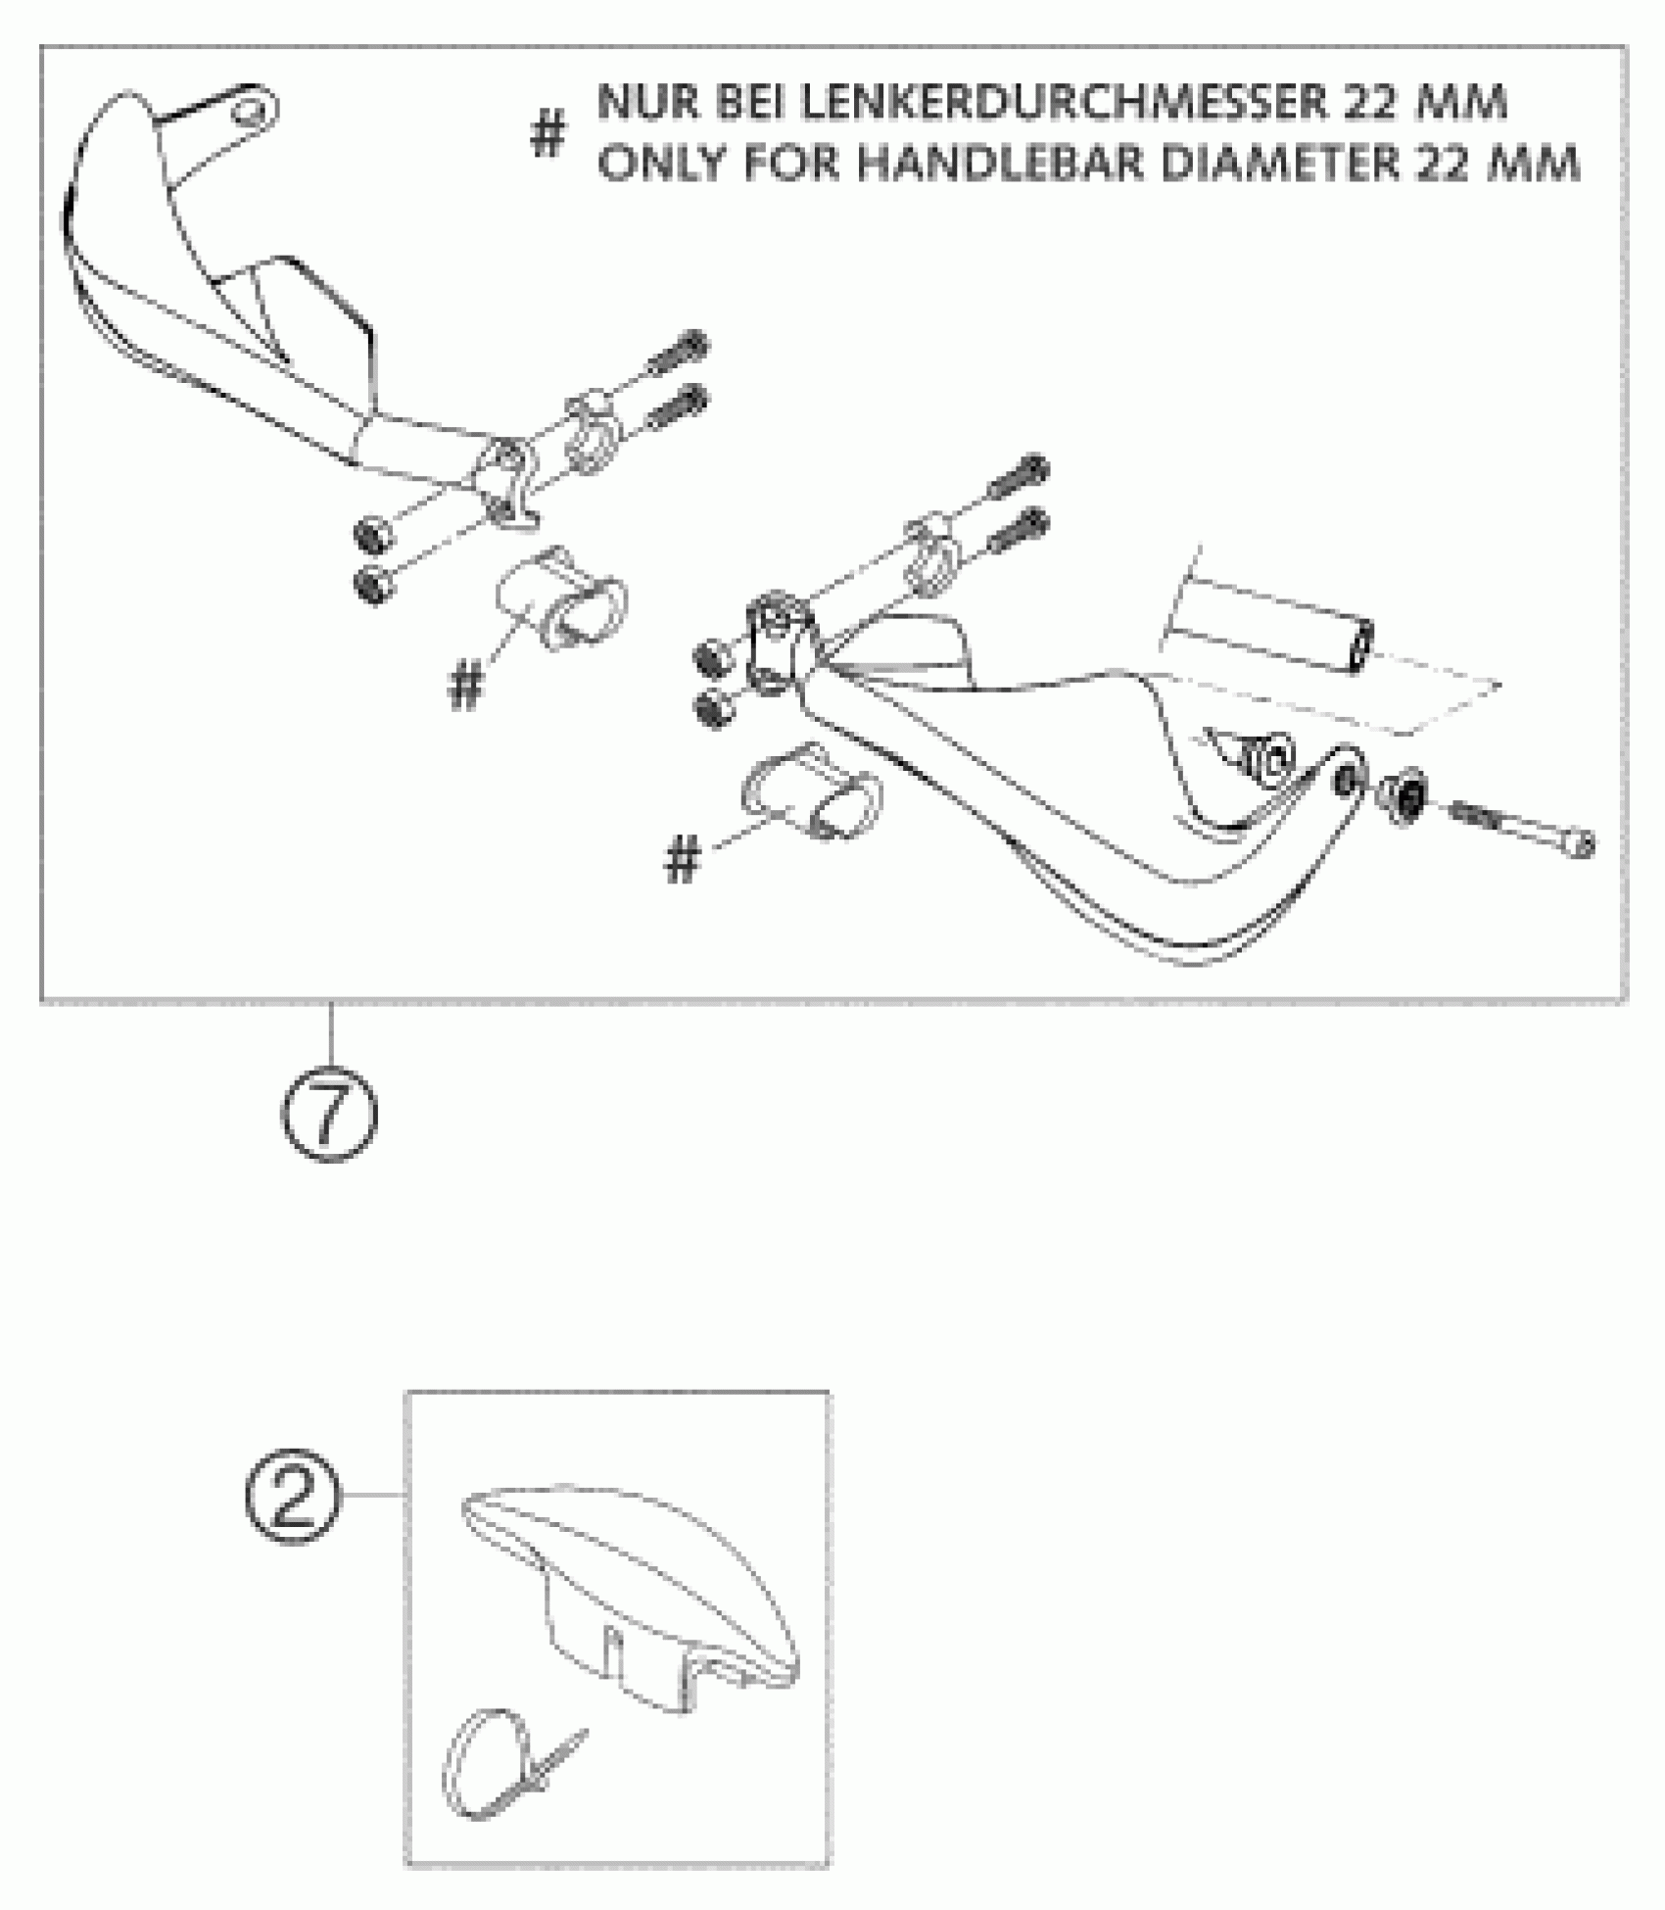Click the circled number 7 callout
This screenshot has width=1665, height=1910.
[x=329, y=1116]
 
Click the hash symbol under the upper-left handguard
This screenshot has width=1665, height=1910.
[x=466, y=686]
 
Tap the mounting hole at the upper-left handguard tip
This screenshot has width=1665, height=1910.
[x=251, y=110]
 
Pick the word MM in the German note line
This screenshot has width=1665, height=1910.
[x=1463, y=104]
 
